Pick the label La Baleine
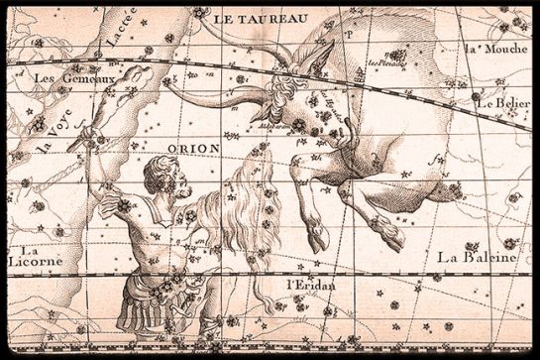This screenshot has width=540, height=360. click(477, 258)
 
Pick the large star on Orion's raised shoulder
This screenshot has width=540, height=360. click(125, 206)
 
